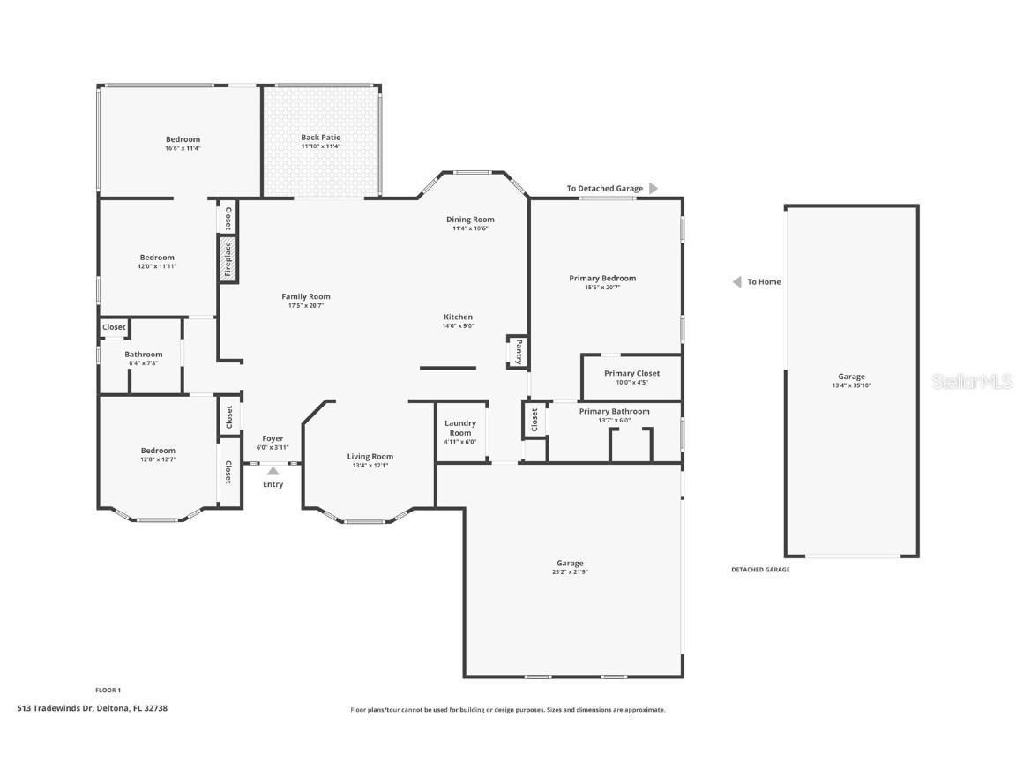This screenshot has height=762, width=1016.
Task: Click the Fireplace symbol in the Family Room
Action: (227, 258)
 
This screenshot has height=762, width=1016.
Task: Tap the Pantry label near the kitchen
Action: (519, 351)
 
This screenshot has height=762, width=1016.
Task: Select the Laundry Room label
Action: (460, 428)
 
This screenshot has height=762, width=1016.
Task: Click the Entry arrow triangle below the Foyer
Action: (273, 471)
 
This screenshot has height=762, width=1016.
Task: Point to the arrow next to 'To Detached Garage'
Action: (654, 188)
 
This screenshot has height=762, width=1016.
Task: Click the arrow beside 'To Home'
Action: (736, 282)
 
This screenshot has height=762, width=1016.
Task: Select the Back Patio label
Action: (321, 138)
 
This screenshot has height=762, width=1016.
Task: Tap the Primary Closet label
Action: (631, 373)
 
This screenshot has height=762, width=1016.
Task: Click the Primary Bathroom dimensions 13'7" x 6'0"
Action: (615, 420)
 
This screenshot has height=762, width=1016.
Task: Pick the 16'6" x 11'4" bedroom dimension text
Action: (183, 148)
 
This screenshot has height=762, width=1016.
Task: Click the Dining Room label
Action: (470, 220)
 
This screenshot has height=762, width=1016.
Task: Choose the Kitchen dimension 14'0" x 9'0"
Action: (458, 325)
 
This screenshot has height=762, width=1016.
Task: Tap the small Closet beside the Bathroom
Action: (114, 327)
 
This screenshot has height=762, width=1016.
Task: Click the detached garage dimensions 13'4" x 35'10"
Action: (851, 385)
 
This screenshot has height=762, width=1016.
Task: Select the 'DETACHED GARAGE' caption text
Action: (760, 570)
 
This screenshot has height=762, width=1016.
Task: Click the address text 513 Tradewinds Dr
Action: (93, 708)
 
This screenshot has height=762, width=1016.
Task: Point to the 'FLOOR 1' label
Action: (108, 690)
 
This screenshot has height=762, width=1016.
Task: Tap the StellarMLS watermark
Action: (972, 381)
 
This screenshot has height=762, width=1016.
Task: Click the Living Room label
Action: (370, 456)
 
